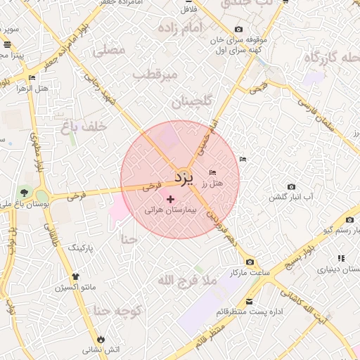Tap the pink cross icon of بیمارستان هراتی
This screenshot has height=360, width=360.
[x=170, y=200]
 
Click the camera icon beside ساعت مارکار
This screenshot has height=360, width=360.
[x=250, y=262]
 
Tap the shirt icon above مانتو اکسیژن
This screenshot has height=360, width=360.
[x=76, y=276]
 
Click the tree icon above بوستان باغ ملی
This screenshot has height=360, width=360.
[x=25, y=192]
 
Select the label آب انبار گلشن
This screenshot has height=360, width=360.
[x=292, y=196]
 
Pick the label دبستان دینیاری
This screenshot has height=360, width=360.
[x=322, y=269]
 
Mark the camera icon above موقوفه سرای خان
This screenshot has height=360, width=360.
[x=239, y=30]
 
